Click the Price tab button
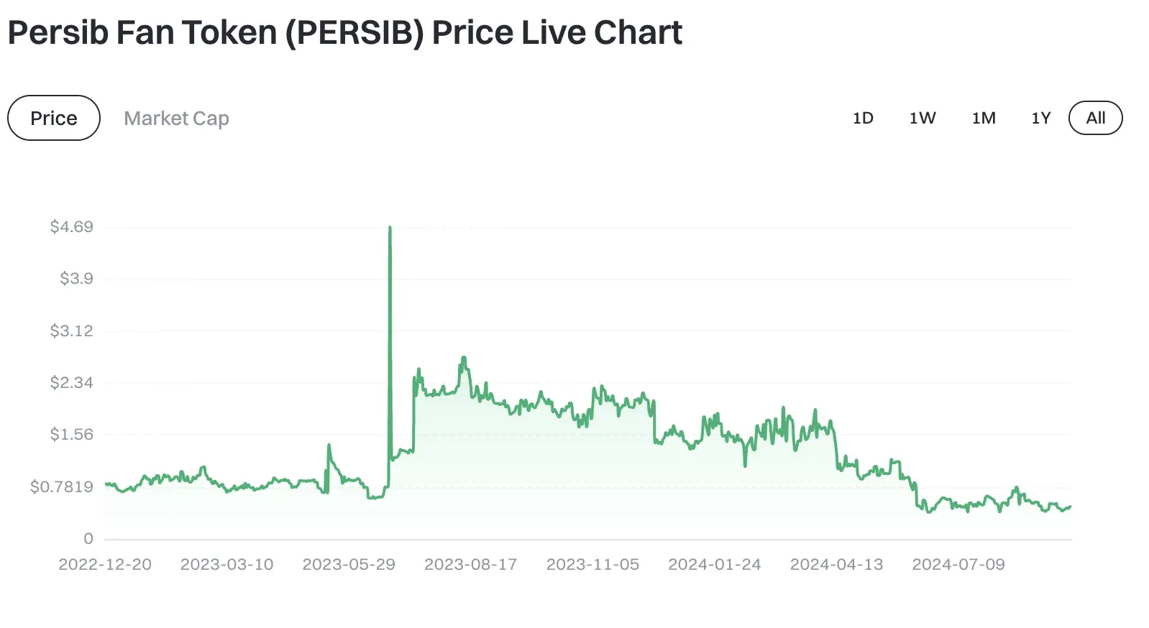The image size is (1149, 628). tap(54, 118)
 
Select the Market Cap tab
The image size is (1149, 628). tap(176, 118)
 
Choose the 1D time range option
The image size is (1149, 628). tap(863, 118)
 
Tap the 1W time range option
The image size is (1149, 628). tap(923, 118)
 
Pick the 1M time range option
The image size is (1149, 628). tap(984, 118)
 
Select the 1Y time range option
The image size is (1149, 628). tap(1041, 118)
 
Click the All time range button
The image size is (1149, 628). tap(1095, 118)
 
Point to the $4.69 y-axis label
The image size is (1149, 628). tap(72, 227)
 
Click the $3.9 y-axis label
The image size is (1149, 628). tap(76, 279)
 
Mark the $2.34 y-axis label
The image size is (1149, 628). tap(72, 382)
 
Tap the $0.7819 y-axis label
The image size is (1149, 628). tap(62, 486)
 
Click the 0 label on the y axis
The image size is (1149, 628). tap(88, 538)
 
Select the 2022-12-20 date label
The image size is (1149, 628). tap(105, 565)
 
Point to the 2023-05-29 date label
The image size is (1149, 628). tap(349, 565)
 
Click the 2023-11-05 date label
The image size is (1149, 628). tap(592, 565)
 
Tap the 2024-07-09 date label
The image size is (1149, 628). tap(958, 565)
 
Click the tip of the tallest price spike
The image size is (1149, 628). tap(390, 228)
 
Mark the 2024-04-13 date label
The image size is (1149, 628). tap(836, 565)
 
